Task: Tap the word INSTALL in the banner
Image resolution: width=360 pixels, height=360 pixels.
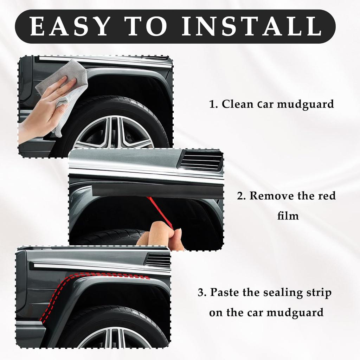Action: click(x=251, y=26)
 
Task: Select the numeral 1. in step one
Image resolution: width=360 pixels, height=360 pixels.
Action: click(x=214, y=104)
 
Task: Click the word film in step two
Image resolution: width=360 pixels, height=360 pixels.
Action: click(x=288, y=215)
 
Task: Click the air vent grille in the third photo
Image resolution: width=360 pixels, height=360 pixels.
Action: click(x=158, y=260)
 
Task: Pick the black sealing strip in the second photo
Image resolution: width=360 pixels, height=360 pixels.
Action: click(x=155, y=190)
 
